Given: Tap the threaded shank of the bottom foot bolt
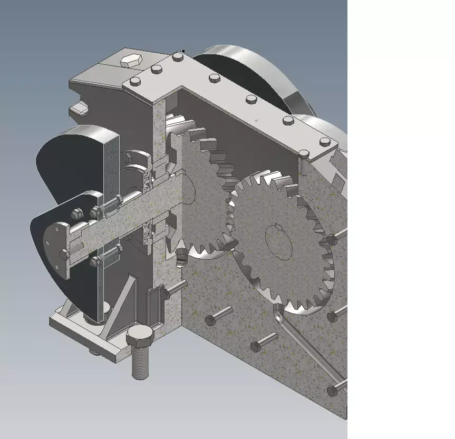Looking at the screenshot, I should (140, 364).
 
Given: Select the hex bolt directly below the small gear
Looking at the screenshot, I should (211, 319).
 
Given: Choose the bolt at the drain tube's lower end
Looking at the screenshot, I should (332, 391).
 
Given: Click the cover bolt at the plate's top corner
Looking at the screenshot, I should (177, 57).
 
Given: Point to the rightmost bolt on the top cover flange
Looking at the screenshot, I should (325, 142).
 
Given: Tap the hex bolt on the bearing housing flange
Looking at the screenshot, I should (95, 212).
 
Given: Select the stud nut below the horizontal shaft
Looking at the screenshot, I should (95, 261).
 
